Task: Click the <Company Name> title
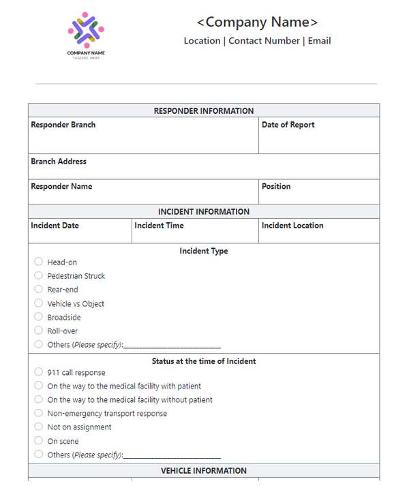[257, 22]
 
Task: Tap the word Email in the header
[319, 41]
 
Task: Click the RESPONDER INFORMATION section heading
[203, 111]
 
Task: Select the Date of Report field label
[288, 125]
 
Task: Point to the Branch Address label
[59, 162]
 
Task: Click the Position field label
[276, 186]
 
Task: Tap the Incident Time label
[159, 226]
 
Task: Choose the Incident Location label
[292, 226]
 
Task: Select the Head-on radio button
[39, 262]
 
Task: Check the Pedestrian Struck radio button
[39, 275]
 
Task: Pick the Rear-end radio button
[39, 289]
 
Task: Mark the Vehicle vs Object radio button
[39, 303]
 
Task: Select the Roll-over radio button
[39, 331]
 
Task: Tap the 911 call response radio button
[39, 372]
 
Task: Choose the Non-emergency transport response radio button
[39, 413]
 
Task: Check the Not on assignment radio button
[39, 427]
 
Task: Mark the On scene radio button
[39, 441]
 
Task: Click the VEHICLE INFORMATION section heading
[203, 471]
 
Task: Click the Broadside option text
[64, 318]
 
